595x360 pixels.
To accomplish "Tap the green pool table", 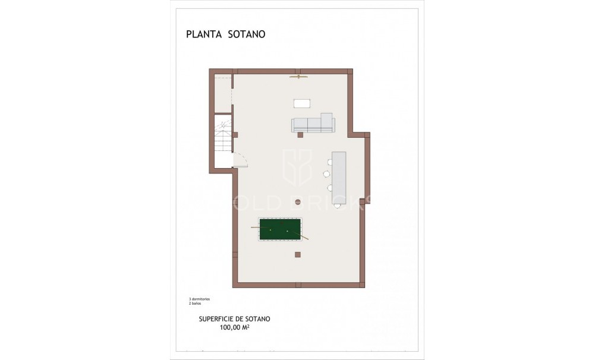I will (x=278, y=229).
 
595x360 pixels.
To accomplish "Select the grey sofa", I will (x=313, y=124).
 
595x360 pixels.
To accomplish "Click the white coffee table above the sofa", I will (x=302, y=103).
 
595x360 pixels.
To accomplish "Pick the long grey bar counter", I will (x=339, y=178).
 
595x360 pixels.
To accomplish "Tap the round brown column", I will (x=298, y=202).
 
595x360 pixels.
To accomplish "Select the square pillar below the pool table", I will (x=298, y=255).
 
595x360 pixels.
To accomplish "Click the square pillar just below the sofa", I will (x=300, y=135).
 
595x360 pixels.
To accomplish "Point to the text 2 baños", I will (x=191, y=303).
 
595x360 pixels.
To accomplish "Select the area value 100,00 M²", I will (x=234, y=327).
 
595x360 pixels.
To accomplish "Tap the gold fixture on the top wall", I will (x=298, y=77).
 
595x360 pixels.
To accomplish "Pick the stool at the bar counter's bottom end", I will (x=337, y=206).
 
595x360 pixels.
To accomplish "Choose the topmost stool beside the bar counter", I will (x=328, y=160).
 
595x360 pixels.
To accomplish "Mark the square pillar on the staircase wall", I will (x=235, y=135).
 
